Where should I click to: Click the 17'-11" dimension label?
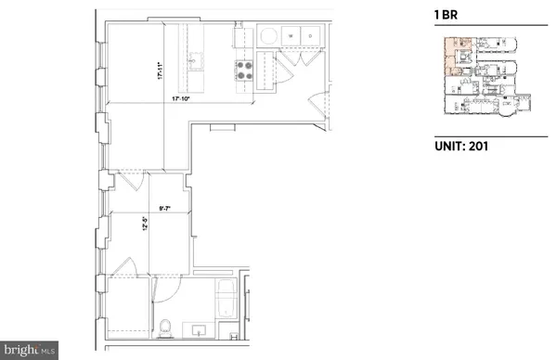tap(160, 71)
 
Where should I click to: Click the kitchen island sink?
tap(197, 64)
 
